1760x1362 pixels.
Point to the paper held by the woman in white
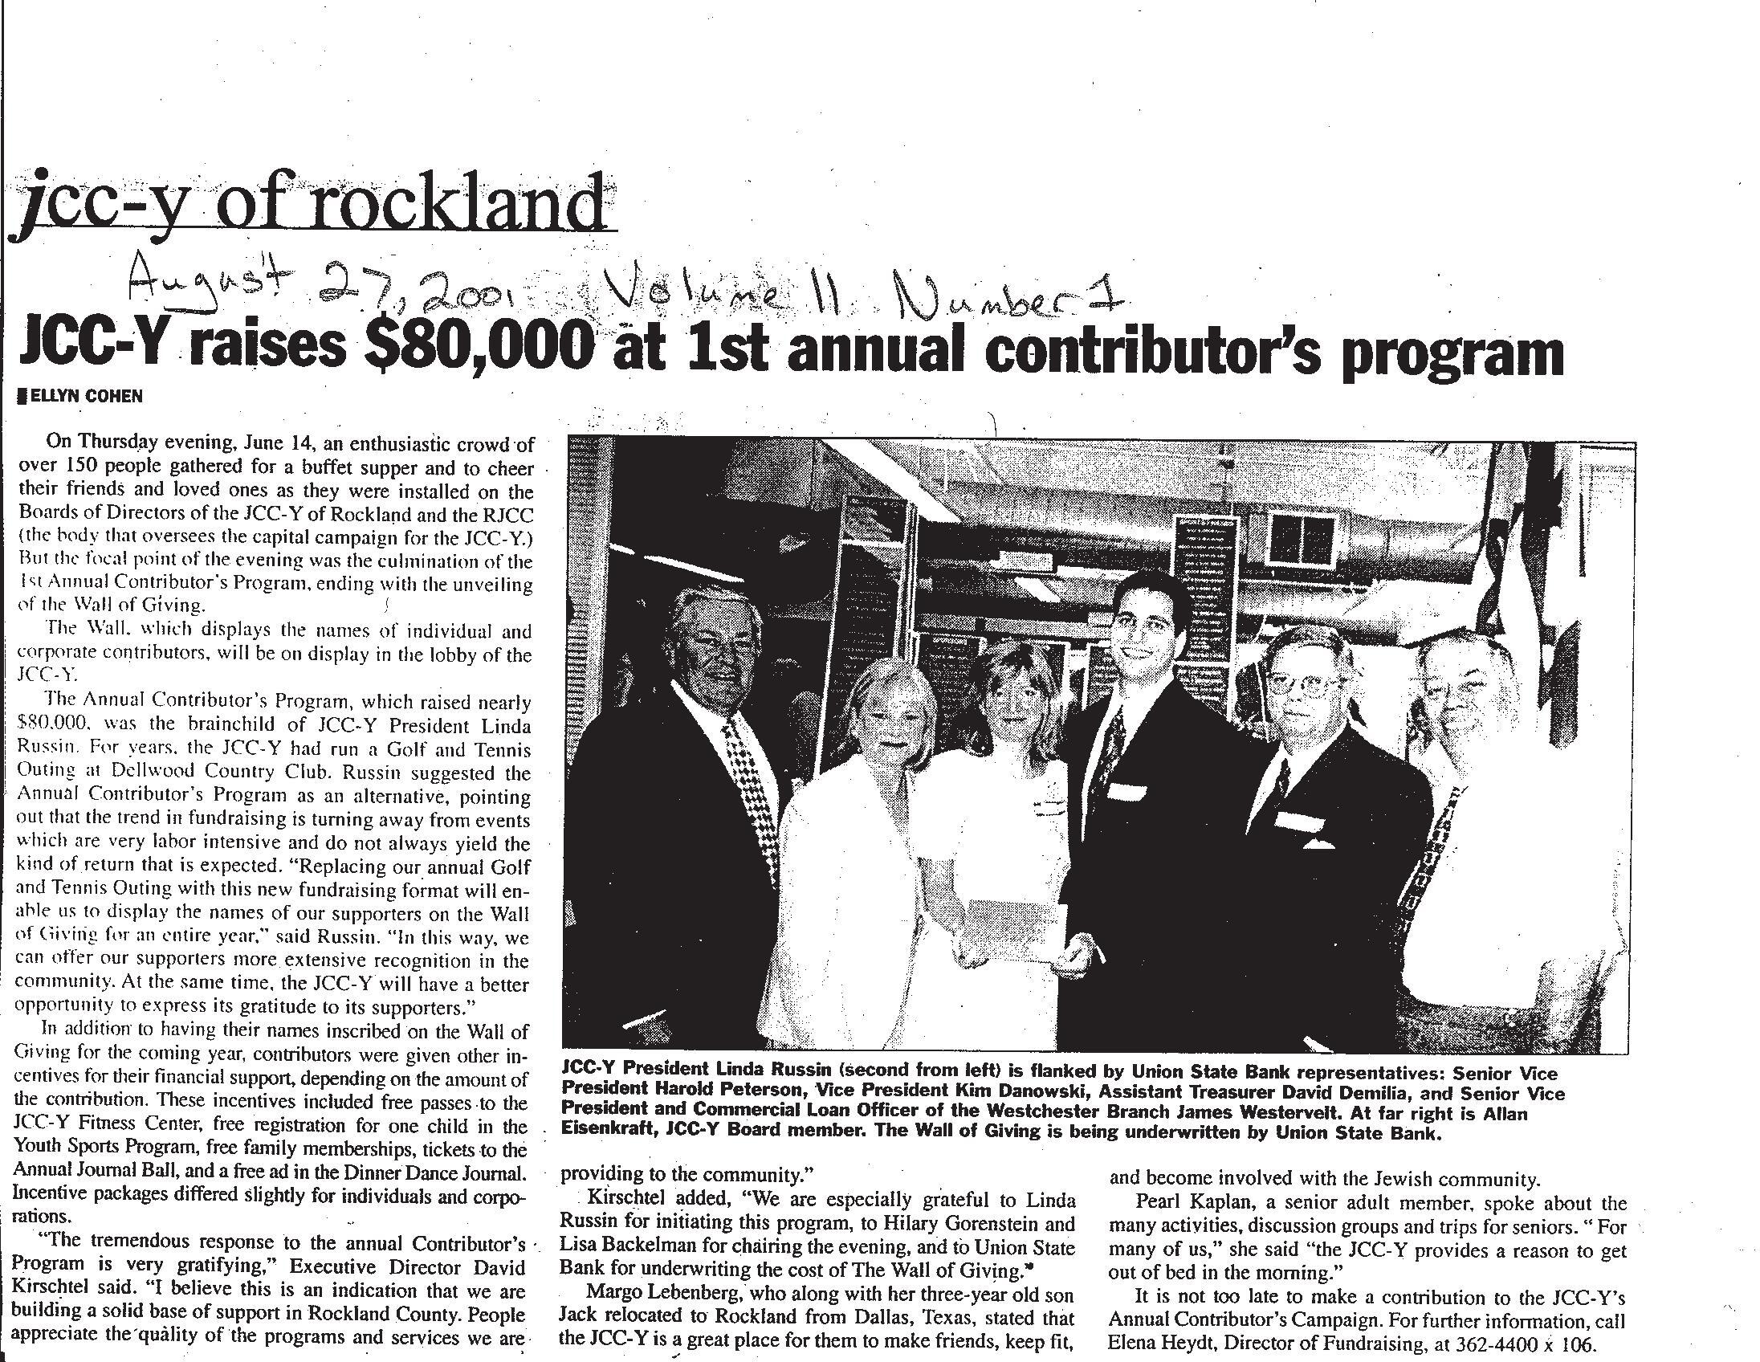pos(1016,927)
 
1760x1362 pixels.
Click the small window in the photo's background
pos(1300,537)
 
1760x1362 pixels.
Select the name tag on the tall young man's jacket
pos(1128,790)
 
